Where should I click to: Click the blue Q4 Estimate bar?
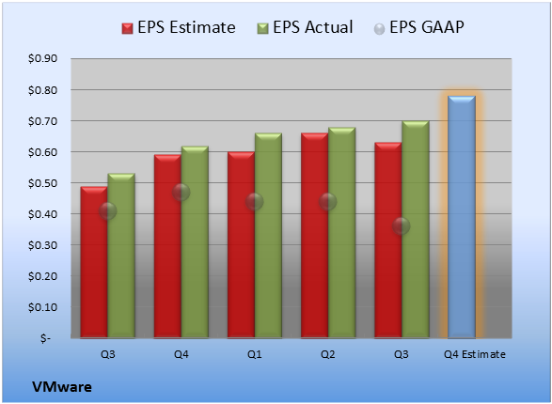462,217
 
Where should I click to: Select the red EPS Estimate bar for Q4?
167,246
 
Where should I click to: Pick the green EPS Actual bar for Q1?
268,236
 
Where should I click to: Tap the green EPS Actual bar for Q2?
342,233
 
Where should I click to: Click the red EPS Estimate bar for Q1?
241,244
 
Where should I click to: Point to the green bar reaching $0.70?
416,229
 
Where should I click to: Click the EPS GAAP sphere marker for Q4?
181,193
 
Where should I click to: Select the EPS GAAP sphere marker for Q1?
255,202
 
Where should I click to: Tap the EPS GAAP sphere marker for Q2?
328,202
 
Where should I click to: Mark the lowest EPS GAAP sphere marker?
402,226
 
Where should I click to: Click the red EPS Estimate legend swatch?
128,29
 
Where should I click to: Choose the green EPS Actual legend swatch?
262,29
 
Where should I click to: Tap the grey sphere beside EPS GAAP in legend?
379,29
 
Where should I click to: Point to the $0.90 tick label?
43,58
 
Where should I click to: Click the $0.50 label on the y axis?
43,183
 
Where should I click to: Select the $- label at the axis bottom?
45,338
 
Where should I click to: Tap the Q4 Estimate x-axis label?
475,354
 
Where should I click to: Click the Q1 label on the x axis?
255,354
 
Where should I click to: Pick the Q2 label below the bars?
328,354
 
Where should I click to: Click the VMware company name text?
62,387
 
